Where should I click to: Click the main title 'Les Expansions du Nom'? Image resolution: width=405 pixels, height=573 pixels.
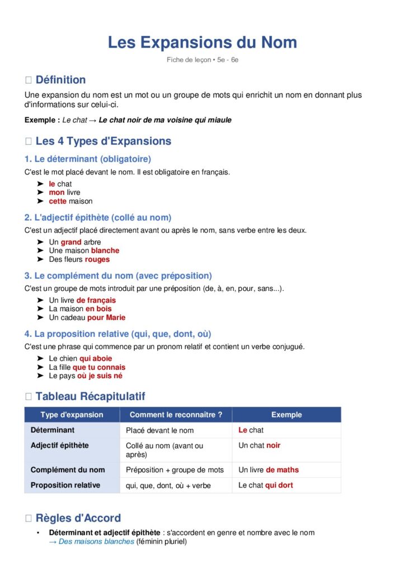pyautogui.click(x=202, y=43)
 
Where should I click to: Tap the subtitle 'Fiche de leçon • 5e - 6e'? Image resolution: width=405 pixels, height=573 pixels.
pyautogui.click(x=202, y=60)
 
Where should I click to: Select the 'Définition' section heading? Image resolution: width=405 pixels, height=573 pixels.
pyautogui.click(x=60, y=79)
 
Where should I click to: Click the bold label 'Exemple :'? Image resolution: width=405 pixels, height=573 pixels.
pyautogui.click(x=42, y=120)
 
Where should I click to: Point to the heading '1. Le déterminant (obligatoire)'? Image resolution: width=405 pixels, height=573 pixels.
pyautogui.click(x=88, y=159)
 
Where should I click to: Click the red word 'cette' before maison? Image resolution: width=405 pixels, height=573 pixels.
pyautogui.click(x=58, y=201)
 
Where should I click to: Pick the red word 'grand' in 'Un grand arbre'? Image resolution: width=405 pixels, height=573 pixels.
pyautogui.click(x=71, y=242)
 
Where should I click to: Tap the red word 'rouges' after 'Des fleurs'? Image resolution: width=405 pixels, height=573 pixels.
pyautogui.click(x=97, y=259)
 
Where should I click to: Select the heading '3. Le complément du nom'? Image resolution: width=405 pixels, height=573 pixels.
pyautogui.click(x=118, y=276)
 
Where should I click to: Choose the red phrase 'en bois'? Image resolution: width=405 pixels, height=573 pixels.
pyautogui.click(x=98, y=308)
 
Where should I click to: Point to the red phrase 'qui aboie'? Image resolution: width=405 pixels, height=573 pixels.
pyautogui.click(x=96, y=358)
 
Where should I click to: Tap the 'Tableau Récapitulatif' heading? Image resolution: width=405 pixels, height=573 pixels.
pyautogui.click(x=90, y=396)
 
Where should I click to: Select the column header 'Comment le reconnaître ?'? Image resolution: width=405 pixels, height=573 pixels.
pyautogui.click(x=176, y=415)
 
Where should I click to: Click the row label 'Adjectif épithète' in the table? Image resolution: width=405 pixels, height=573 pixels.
pyautogui.click(x=59, y=445)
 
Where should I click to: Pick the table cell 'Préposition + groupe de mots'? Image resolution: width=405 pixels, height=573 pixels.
pyautogui.click(x=175, y=470)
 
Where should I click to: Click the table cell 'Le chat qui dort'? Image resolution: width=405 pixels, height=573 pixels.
pyautogui.click(x=265, y=485)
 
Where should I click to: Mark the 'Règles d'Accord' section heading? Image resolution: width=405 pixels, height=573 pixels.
pyautogui.click(x=78, y=518)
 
